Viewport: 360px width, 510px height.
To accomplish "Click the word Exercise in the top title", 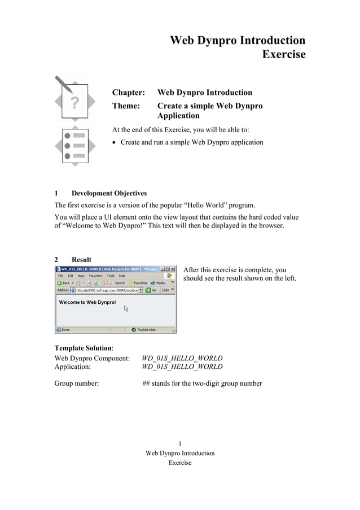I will click(x=283, y=55).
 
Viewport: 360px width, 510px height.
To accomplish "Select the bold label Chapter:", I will click(x=128, y=93).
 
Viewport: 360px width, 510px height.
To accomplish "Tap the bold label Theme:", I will click(x=126, y=106).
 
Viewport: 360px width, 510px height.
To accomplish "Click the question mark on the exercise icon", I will click(x=74, y=102).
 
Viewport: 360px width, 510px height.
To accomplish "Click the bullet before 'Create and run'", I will click(x=115, y=143).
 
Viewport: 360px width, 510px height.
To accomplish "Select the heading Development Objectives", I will click(x=109, y=194).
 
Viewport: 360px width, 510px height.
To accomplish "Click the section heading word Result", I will click(x=81, y=260).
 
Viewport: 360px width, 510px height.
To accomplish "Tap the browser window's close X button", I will click(x=173, y=269).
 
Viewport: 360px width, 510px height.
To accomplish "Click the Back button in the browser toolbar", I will click(x=63, y=282).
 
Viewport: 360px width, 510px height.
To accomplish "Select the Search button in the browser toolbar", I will click(x=117, y=282).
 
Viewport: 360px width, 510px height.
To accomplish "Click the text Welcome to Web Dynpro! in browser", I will click(x=87, y=302).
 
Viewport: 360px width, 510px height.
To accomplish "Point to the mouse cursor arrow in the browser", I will click(x=126, y=308).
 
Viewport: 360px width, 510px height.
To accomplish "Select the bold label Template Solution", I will click(x=82, y=348).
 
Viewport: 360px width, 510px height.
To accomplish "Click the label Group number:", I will click(x=77, y=383).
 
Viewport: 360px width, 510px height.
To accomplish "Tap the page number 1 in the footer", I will click(x=179, y=444).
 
